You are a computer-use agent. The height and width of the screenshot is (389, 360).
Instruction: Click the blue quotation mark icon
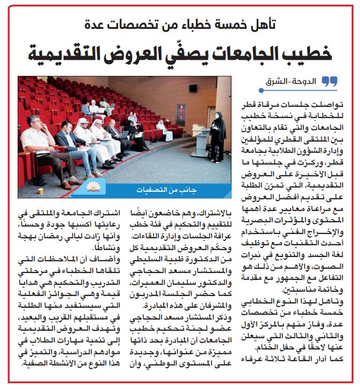(x=331, y=82)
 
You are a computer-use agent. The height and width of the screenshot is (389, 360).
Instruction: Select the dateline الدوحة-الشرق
(x=296, y=82)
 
